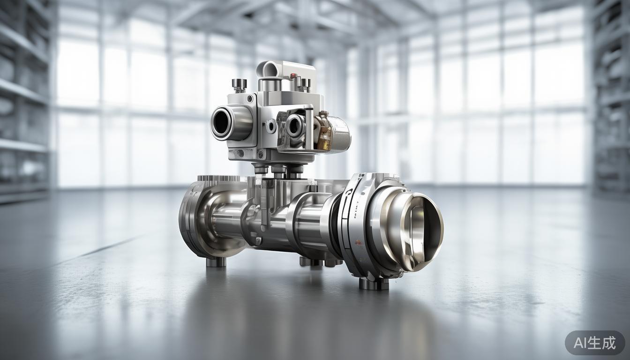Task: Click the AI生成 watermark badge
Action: click(594, 343)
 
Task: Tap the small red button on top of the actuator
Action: click(293, 76)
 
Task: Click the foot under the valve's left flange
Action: click(216, 261)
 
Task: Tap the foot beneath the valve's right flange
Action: click(374, 283)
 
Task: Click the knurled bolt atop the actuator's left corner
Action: click(239, 85)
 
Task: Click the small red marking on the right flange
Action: click(359, 242)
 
